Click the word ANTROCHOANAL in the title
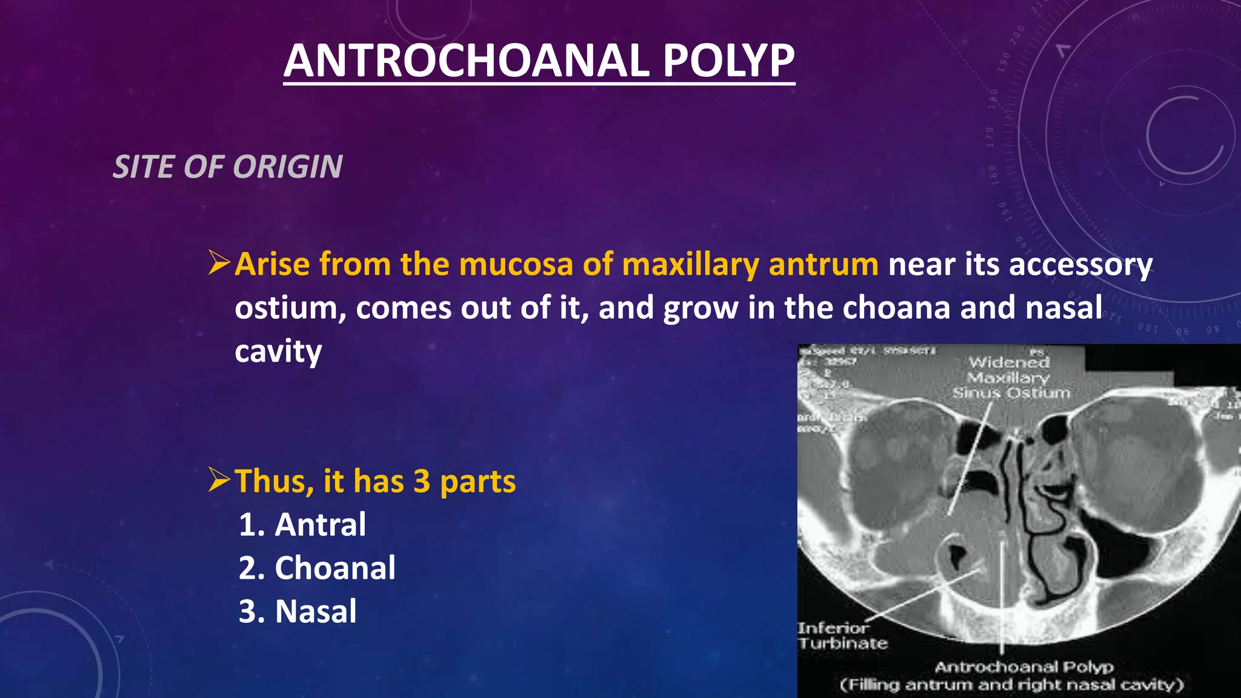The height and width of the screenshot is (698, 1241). [467, 61]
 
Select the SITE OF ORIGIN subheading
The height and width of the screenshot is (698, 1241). [228, 167]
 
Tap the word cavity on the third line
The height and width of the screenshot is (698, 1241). [278, 351]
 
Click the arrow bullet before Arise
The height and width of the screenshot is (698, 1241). [219, 264]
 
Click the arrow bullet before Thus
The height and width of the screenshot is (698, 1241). [219, 480]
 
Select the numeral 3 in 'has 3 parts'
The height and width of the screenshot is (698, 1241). [422, 482]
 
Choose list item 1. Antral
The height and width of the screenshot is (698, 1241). [302, 525]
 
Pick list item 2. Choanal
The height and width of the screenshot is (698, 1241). [317, 568]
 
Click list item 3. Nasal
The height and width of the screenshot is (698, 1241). [298, 611]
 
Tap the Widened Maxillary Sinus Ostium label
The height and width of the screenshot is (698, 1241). [1010, 377]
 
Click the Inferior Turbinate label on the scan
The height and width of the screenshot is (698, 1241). [842, 636]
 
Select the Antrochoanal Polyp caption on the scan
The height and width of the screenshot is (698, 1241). [1023, 667]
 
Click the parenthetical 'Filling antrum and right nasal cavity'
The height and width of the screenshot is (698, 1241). [1011, 685]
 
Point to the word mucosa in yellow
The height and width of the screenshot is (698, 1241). [517, 265]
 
